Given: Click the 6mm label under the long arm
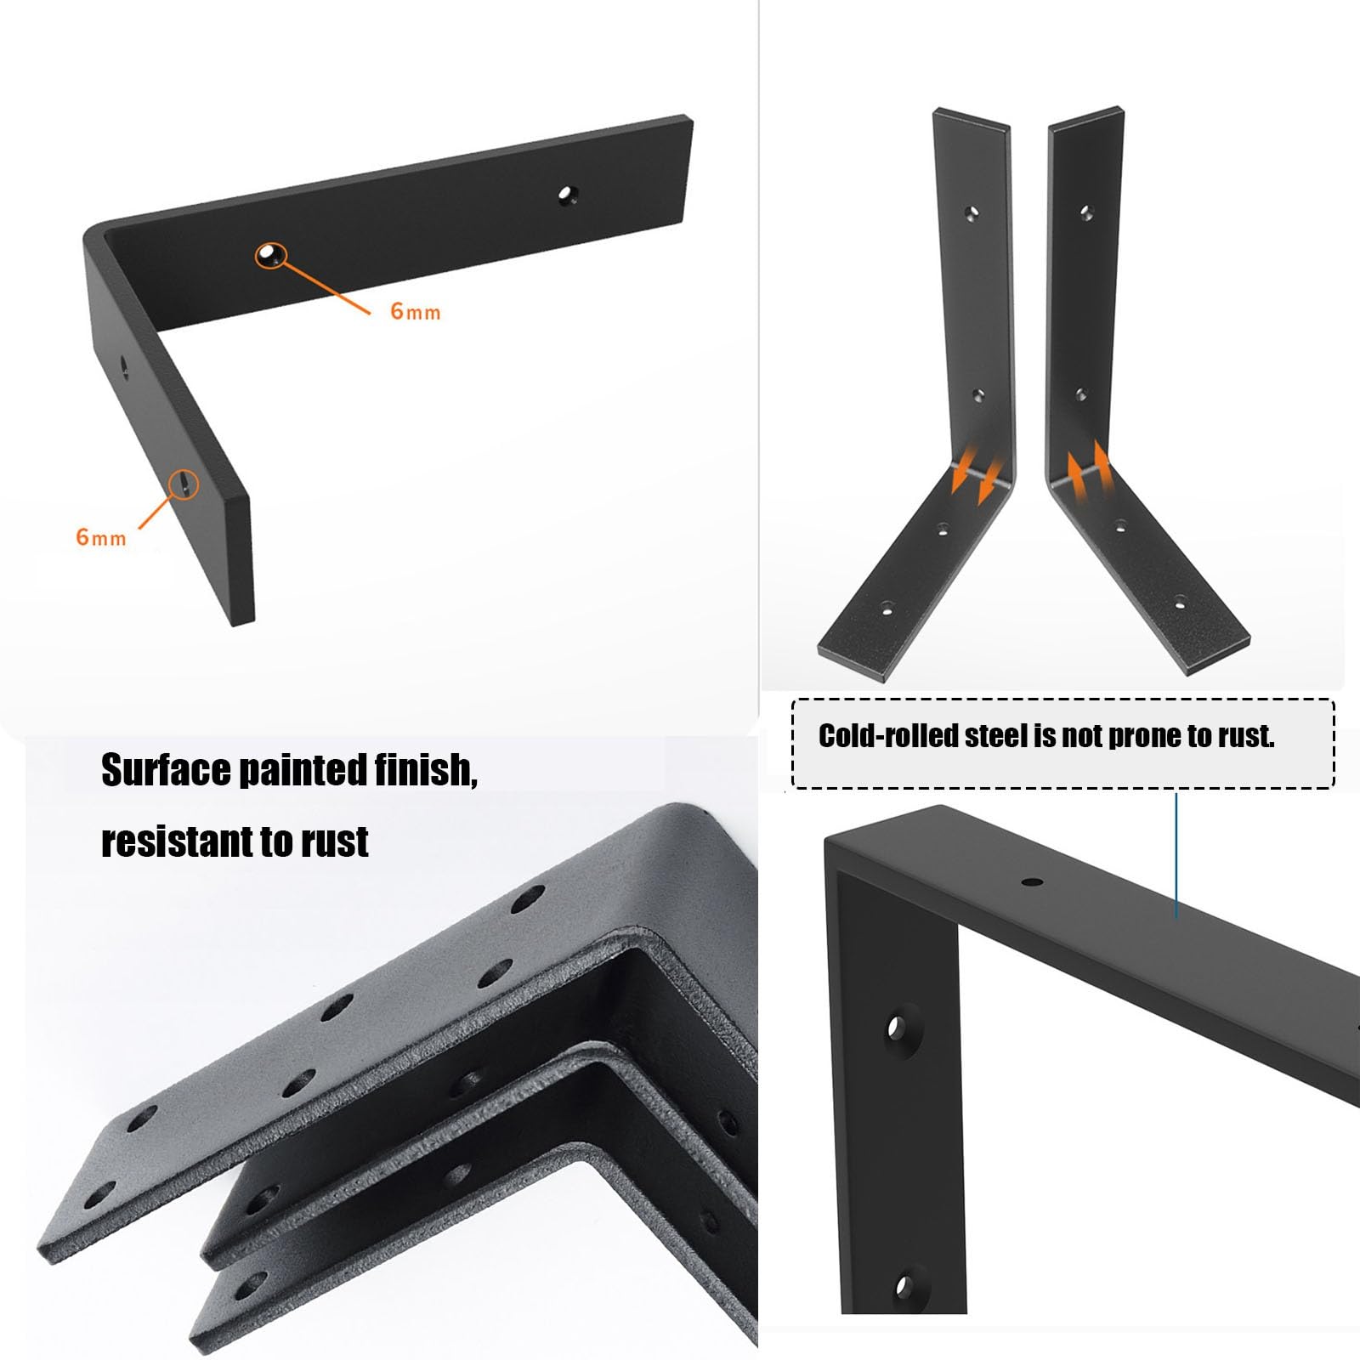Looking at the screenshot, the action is pyautogui.click(x=416, y=311).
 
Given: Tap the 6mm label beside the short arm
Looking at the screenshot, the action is pyautogui.click(x=101, y=537).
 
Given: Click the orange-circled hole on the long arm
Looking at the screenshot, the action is pyautogui.click(x=270, y=254).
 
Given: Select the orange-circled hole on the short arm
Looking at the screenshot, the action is pyautogui.click(x=184, y=484).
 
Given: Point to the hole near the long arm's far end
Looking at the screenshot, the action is pyautogui.click(x=566, y=195).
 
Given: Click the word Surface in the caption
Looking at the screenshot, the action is pyautogui.click(x=164, y=770).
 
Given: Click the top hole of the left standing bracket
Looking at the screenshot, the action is pyautogui.click(x=973, y=212).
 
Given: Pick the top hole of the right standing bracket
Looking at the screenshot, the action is pyautogui.click(x=1085, y=212).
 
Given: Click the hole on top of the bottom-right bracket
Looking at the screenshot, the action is pyautogui.click(x=1032, y=882).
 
